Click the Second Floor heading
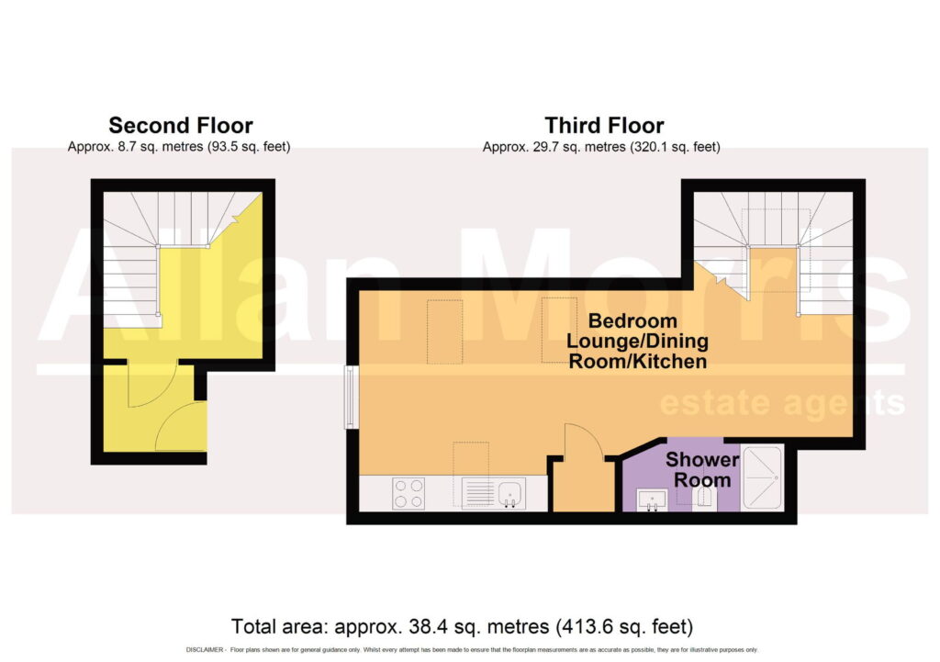(x=181, y=125)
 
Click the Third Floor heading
(x=604, y=125)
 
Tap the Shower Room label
(x=702, y=469)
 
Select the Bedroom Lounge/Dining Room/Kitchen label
(x=637, y=341)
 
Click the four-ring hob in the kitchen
(x=408, y=493)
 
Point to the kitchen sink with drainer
(x=493, y=493)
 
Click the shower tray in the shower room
(x=762, y=477)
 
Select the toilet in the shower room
(x=704, y=499)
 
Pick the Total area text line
(x=463, y=626)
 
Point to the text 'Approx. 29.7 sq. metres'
(x=554, y=147)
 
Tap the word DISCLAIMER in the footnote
(x=205, y=650)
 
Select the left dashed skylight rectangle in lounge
(x=445, y=331)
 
